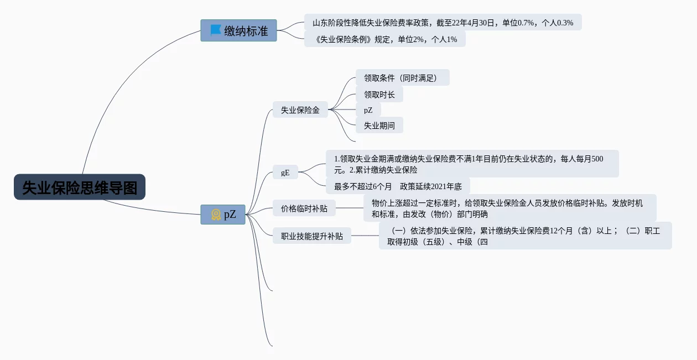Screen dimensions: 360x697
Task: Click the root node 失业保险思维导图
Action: pyautogui.click(x=80, y=187)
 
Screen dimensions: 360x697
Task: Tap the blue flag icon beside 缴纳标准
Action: pyautogui.click(x=216, y=30)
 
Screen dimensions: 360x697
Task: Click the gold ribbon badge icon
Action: pyautogui.click(x=216, y=215)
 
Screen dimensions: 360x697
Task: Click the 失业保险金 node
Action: pyautogui.click(x=300, y=110)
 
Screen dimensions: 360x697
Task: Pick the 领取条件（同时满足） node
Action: pyautogui.click(x=402, y=78)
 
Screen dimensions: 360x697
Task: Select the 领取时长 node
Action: pyautogui.click(x=379, y=95)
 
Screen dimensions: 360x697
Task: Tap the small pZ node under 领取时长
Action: pyautogui.click(x=368, y=110)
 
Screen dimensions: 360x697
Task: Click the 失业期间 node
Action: pyautogui.click(x=379, y=126)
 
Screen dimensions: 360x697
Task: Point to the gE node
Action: pyautogui.click(x=285, y=173)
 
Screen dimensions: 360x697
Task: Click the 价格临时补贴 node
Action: pyautogui.click(x=304, y=208)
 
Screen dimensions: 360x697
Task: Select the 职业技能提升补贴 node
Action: pyautogui.click(x=311, y=236)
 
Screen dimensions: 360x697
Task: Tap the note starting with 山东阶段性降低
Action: pyautogui.click(x=443, y=23)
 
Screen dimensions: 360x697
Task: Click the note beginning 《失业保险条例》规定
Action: pyautogui.click(x=384, y=39)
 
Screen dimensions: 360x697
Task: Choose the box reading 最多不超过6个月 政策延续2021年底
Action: pyautogui.click(x=398, y=186)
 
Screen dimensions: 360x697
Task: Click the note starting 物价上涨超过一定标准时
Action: pyautogui.click(x=509, y=208)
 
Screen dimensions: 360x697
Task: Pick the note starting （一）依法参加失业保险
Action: pyautogui.click(x=524, y=236)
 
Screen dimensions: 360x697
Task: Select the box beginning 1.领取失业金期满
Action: pyautogui.click(x=471, y=164)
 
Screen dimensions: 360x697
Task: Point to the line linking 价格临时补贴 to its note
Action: pyautogui.click(x=350, y=208)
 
